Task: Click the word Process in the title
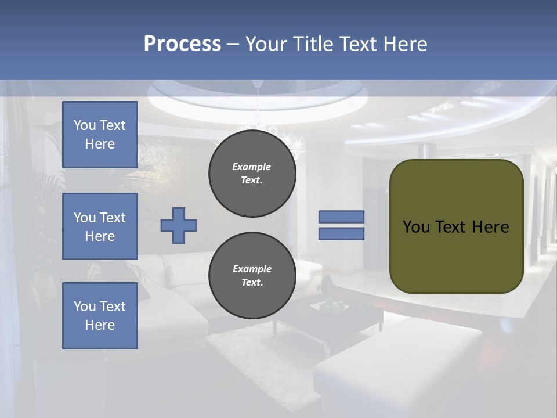pos(182,44)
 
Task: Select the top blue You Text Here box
pos(100,135)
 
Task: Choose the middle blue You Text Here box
pos(100,226)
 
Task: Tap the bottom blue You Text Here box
pos(100,316)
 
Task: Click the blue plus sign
pos(178,225)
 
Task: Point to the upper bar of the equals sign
pos(341,217)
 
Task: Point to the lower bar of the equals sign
pos(341,233)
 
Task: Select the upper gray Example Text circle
pos(252,174)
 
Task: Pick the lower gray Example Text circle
pos(252,276)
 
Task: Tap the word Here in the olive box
pos(490,227)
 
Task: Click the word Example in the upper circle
pos(252,167)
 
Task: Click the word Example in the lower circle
pos(252,269)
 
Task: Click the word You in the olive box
pos(416,227)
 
